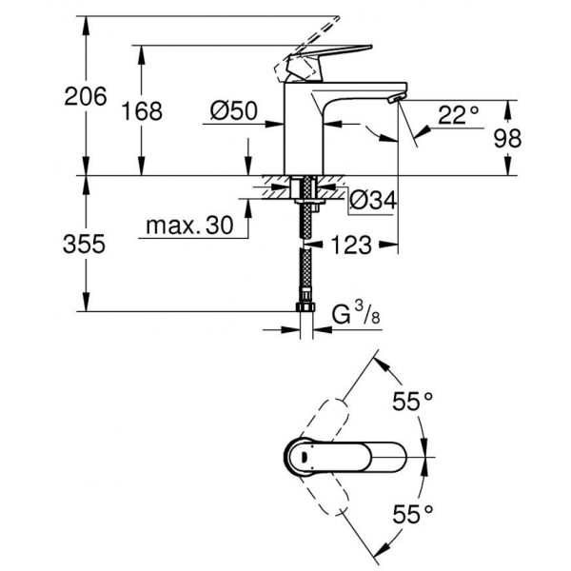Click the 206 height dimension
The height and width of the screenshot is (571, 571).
point(86,96)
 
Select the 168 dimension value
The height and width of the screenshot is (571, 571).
point(142,111)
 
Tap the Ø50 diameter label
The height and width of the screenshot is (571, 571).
point(233,110)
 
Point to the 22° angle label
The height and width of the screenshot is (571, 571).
point(458,115)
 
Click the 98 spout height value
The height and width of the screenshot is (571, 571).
point(507,138)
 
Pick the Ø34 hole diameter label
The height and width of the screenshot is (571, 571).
point(373,200)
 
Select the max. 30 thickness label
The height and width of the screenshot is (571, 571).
point(189,226)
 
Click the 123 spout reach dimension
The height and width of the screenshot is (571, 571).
point(351,246)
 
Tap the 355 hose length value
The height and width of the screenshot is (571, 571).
point(84,244)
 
